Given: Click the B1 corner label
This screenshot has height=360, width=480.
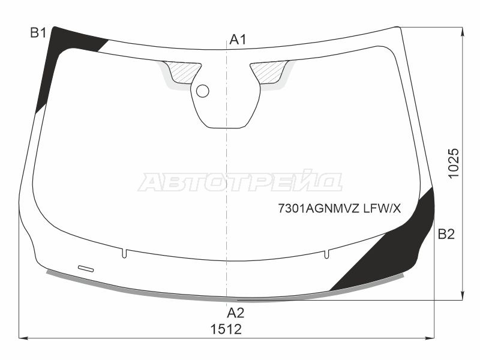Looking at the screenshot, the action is (x=38, y=32).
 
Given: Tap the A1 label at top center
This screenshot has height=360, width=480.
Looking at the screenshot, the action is (x=238, y=40).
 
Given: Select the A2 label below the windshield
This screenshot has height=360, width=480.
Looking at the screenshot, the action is (x=235, y=313).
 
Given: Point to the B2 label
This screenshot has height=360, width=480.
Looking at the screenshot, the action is (x=446, y=234).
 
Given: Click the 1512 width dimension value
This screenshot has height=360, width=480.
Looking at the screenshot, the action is (x=226, y=329).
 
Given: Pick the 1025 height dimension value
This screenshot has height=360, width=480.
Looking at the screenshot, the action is (x=454, y=163).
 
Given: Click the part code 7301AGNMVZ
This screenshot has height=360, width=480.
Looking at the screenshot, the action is (x=319, y=209).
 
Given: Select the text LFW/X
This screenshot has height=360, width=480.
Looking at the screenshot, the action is (x=382, y=209).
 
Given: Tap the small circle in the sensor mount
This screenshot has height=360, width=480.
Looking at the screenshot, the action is (x=202, y=91).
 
